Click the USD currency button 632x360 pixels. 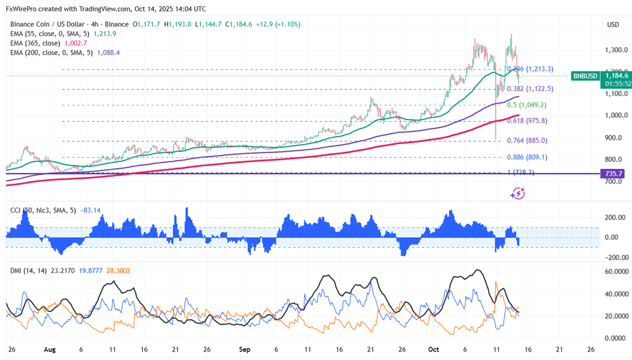(x=612, y=25)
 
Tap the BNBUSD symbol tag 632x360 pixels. (x=584, y=76)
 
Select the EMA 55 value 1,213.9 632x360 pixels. (x=105, y=34)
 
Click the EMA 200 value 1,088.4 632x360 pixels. (x=109, y=52)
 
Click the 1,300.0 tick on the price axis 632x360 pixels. (x=616, y=50)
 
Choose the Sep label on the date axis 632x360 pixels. (x=244, y=349)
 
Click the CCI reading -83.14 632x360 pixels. (x=91, y=210)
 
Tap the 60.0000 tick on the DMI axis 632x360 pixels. (x=616, y=272)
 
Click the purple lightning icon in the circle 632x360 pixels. (x=517, y=194)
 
